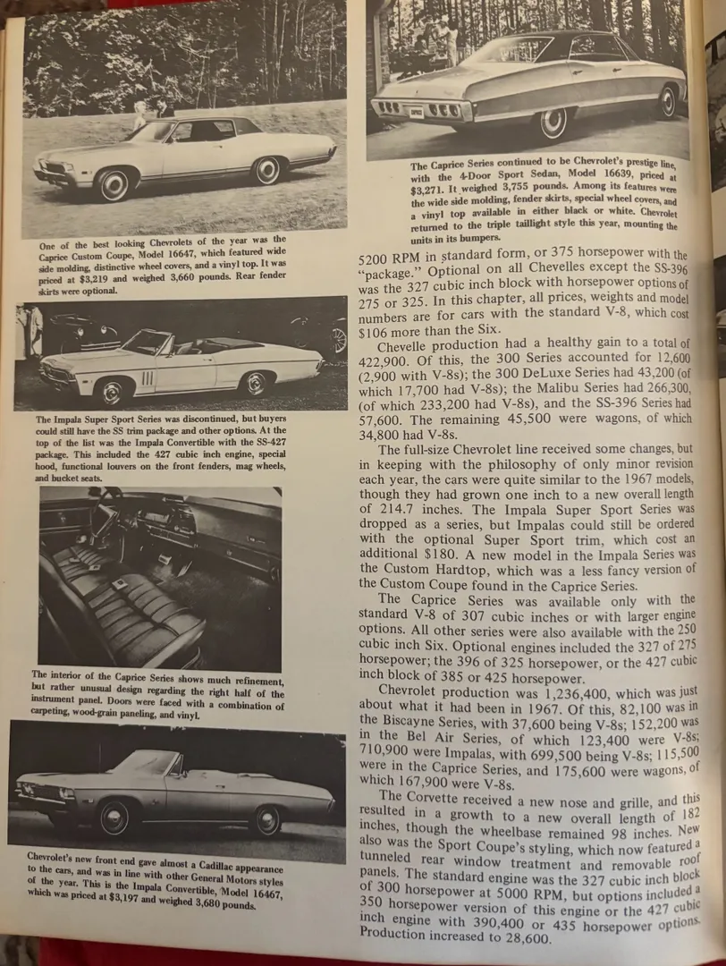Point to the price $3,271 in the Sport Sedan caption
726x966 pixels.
coord(430,191)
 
